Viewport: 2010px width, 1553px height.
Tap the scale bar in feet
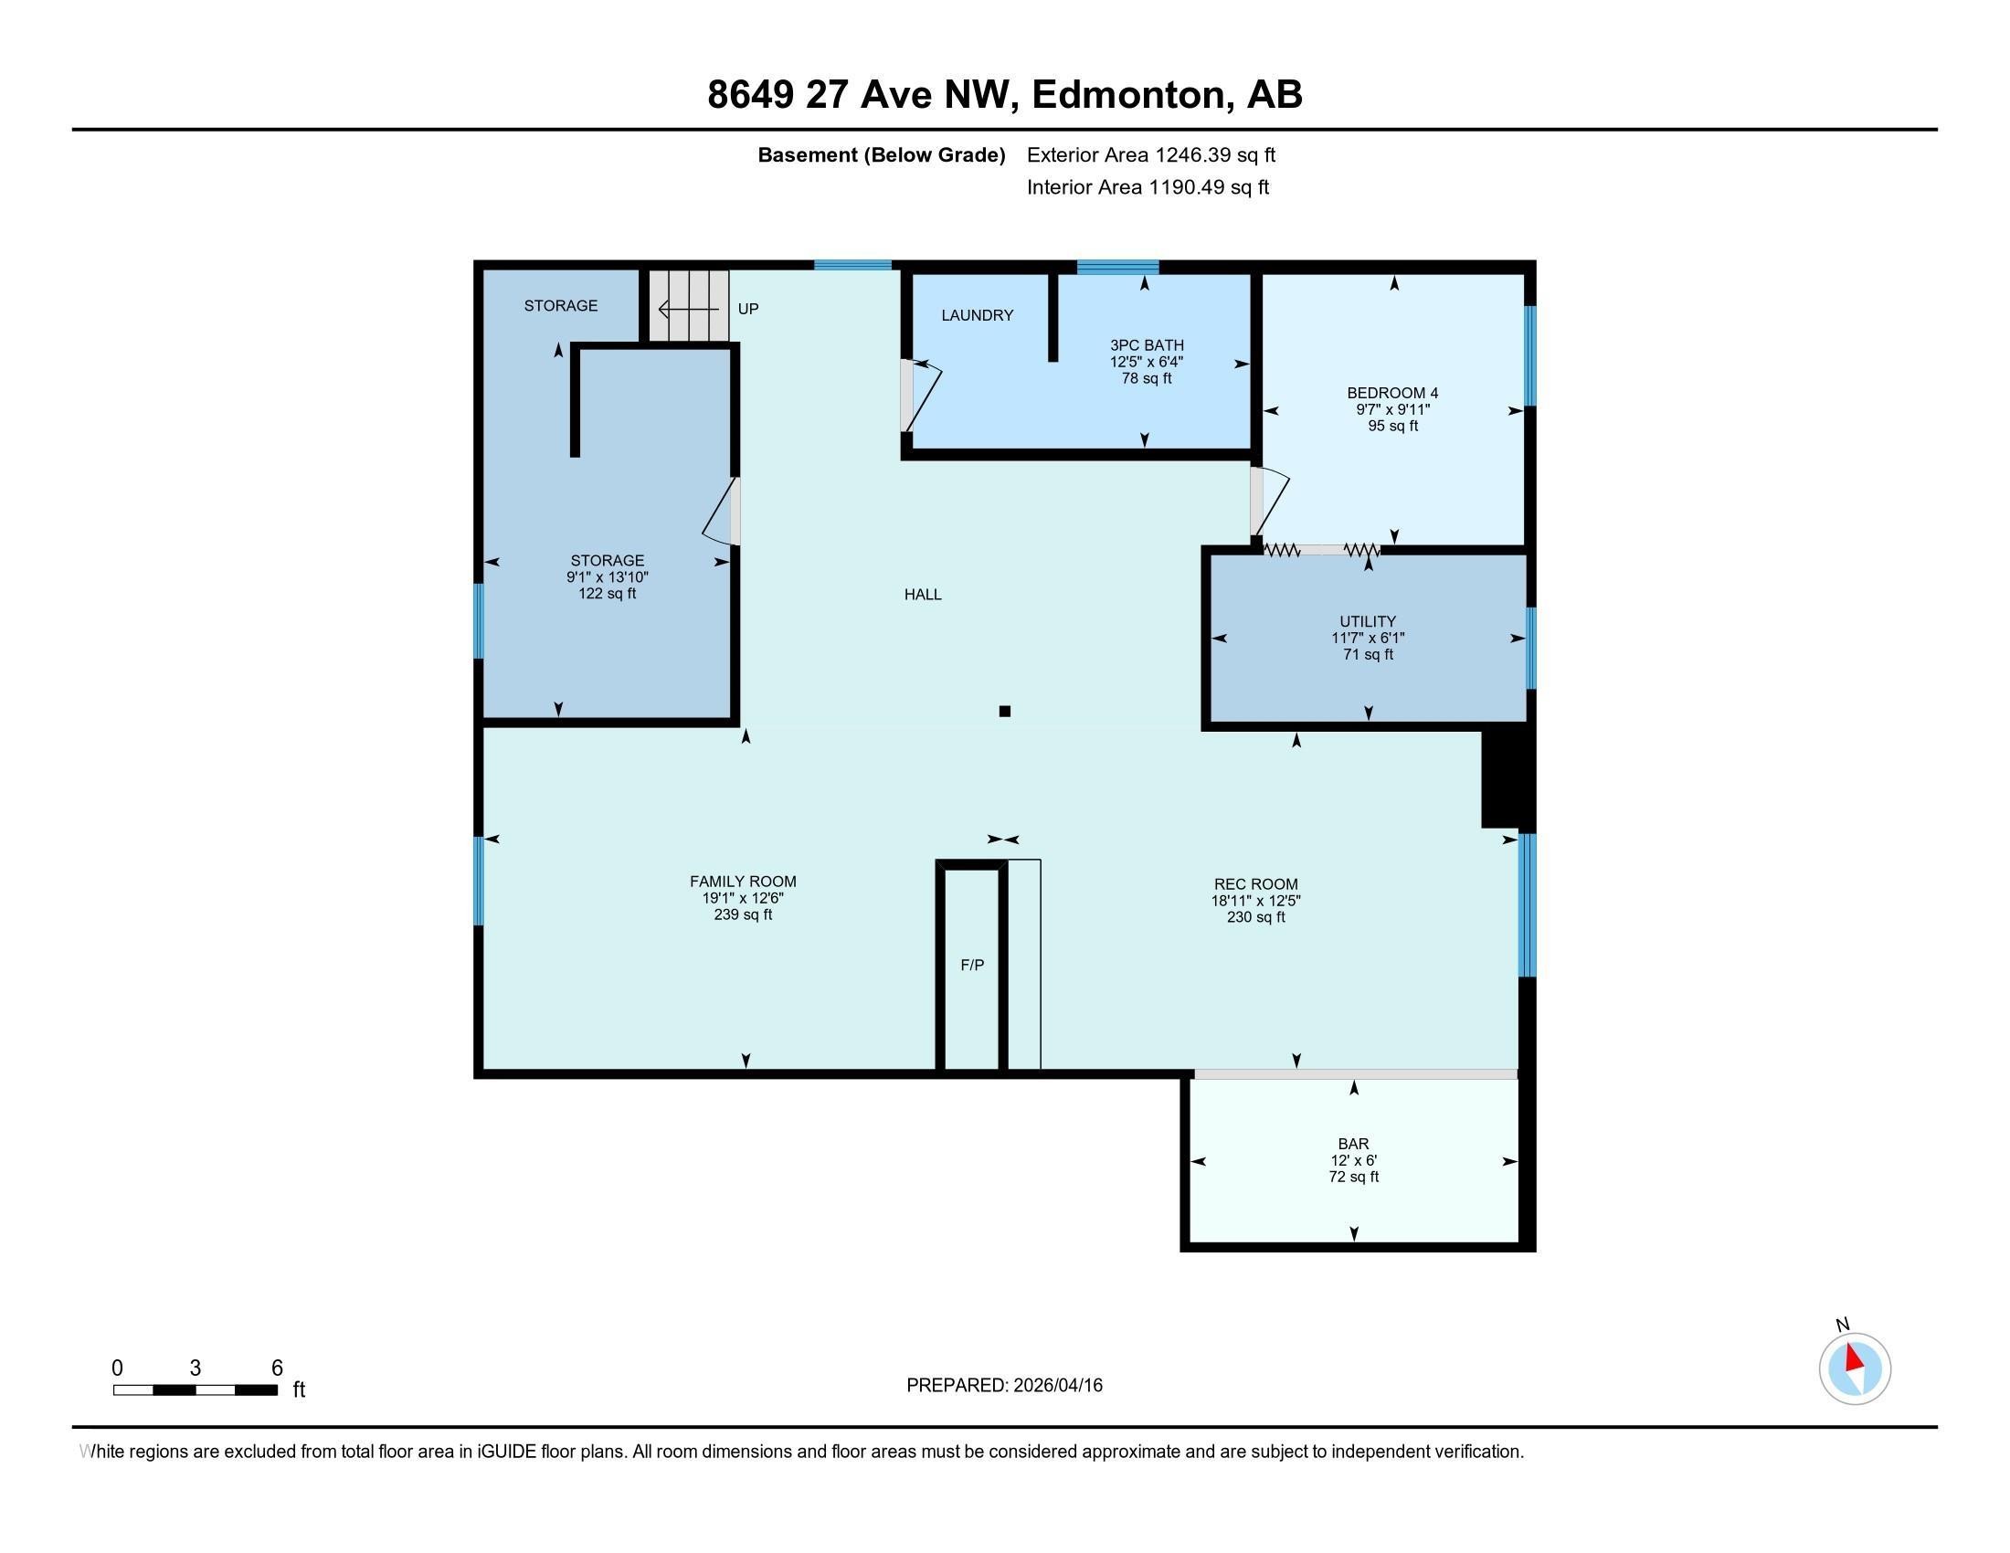point(196,1389)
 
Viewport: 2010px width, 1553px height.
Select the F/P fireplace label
point(972,964)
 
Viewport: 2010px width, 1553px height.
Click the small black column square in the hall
point(1005,710)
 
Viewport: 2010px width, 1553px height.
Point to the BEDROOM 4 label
point(1392,393)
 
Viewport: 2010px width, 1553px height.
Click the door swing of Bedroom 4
point(1270,502)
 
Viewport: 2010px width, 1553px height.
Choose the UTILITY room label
point(1368,621)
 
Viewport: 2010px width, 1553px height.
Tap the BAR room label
point(1353,1144)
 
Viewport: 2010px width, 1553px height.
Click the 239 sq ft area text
point(743,914)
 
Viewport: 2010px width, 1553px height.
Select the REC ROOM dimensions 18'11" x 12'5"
point(1255,901)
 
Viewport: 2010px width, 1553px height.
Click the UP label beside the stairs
point(748,309)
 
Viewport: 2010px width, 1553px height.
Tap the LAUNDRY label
point(977,315)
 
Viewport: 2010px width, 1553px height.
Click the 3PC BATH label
point(1146,345)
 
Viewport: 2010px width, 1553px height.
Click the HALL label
point(922,595)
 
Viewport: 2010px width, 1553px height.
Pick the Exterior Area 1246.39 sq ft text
point(1150,154)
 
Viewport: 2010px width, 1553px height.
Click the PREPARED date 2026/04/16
point(1004,1385)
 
